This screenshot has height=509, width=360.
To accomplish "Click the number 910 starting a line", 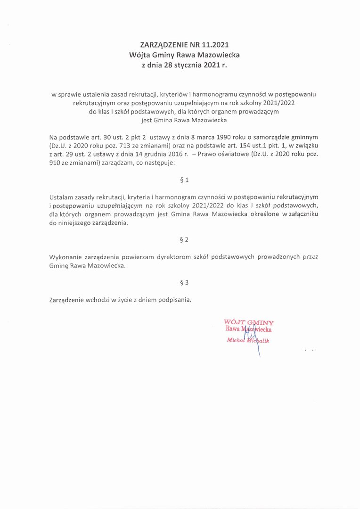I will pos(55,162).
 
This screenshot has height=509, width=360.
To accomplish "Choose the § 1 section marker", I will pos(184,180).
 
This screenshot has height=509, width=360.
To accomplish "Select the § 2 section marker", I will pos(184,240).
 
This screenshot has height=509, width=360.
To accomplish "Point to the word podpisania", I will pos(175,300).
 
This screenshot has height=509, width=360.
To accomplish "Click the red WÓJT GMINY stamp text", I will pos(249,323).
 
